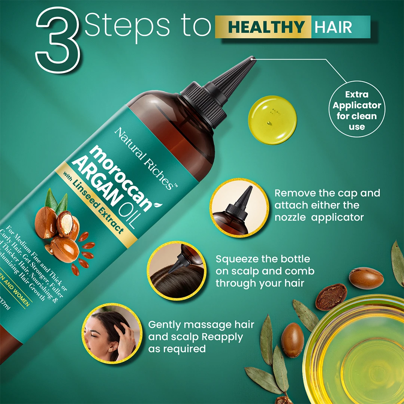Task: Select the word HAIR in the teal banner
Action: click(333, 27)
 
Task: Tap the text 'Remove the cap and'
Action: click(327, 193)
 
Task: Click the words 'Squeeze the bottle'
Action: click(263, 259)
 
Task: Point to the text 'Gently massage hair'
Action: click(201, 325)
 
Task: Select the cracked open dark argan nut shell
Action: click(331, 297)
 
